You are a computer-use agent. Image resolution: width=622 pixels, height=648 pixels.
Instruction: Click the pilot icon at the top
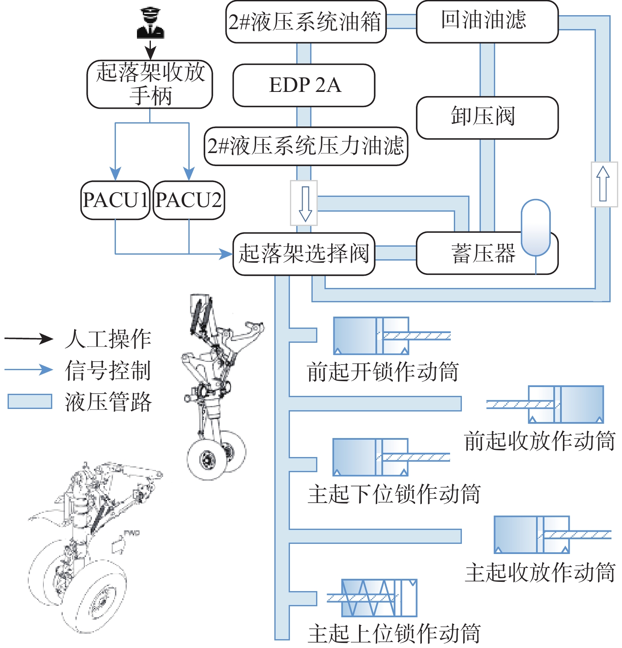[150, 24]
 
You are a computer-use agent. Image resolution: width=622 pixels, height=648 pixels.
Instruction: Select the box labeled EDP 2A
[304, 85]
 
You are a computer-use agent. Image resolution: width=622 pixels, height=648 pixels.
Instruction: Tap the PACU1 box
[115, 200]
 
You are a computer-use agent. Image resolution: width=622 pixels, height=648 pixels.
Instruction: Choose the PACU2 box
[189, 200]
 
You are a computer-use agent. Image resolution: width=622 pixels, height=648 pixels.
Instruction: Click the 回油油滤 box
[487, 22]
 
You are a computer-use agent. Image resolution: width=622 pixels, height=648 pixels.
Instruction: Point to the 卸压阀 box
[487, 118]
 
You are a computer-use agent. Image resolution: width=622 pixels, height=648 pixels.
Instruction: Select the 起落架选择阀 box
[304, 254]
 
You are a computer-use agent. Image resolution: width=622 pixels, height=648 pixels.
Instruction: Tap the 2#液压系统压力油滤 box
[306, 146]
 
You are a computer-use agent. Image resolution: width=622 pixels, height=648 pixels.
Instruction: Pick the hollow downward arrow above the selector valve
[304, 203]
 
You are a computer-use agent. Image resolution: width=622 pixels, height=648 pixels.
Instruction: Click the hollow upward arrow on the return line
[603, 184]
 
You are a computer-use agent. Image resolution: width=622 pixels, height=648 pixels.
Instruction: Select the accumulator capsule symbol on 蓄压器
[536, 228]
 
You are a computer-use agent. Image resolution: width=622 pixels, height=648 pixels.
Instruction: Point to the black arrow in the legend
[29, 339]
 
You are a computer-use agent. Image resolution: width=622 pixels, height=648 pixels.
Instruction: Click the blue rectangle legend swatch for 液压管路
[30, 401]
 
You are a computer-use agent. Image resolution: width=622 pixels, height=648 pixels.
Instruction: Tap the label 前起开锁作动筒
[383, 372]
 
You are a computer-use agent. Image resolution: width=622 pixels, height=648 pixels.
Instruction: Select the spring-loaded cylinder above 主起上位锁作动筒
[372, 598]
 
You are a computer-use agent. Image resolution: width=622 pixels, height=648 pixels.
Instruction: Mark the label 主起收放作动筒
[540, 573]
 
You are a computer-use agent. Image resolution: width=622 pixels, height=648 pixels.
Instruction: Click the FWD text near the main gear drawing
[131, 533]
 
